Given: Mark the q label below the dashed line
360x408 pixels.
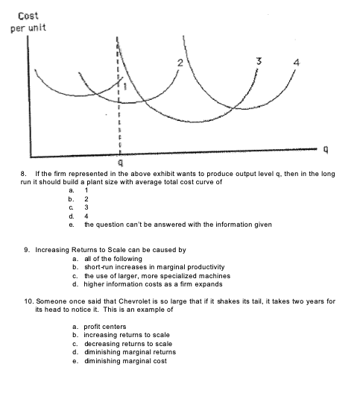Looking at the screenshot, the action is [119, 161].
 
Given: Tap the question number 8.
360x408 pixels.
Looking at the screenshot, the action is [23, 173].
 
